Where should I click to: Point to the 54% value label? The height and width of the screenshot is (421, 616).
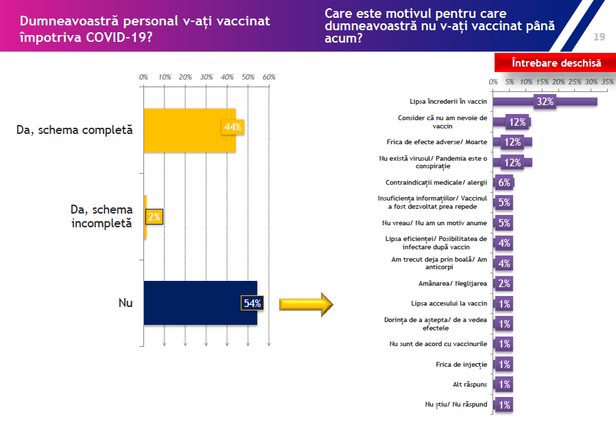click(251, 304)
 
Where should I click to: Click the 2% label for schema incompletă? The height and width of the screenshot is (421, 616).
click(154, 217)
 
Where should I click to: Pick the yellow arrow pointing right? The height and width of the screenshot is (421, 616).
click(305, 304)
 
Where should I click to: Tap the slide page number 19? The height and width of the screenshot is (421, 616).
click(599, 36)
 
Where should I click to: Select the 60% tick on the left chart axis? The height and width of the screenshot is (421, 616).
click(269, 77)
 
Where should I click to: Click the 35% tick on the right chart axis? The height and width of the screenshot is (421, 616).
click(608, 82)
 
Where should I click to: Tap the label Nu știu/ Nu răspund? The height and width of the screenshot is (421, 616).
click(456, 405)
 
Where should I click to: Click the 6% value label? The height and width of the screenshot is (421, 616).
click(505, 183)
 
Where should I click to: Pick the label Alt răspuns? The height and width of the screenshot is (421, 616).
click(470, 384)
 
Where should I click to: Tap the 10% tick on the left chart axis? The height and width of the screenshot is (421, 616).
click(165, 77)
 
